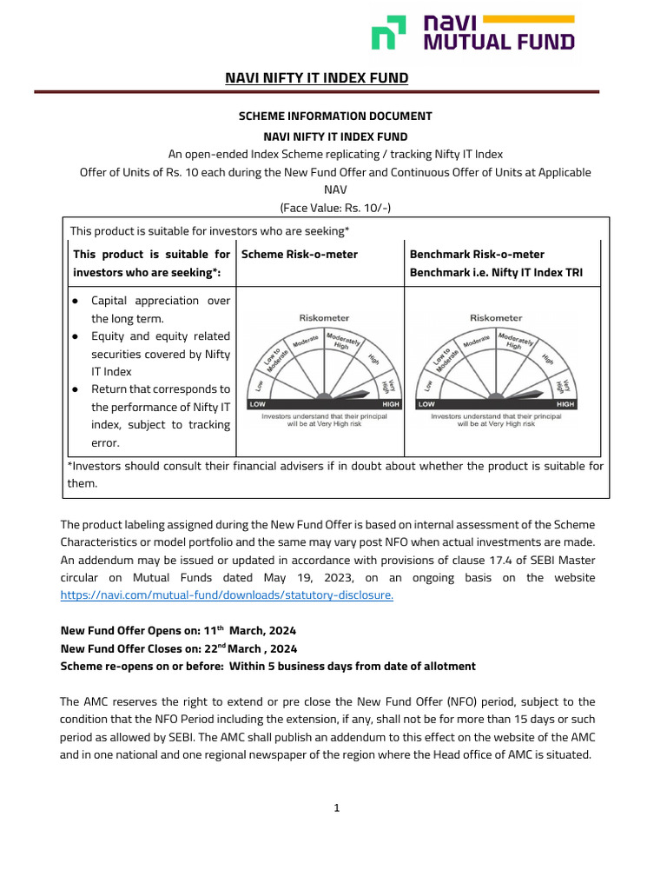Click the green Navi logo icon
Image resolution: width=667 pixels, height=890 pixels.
pyautogui.click(x=388, y=33)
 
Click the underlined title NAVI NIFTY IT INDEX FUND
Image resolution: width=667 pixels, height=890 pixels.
pyautogui.click(x=316, y=78)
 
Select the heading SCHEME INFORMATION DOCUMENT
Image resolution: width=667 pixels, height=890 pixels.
pyautogui.click(x=335, y=116)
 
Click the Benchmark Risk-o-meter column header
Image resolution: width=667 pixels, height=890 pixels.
pyautogui.click(x=477, y=254)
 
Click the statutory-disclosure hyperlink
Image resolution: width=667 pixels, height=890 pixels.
pyautogui.click(x=227, y=595)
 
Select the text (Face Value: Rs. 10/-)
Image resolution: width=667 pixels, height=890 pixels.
pyautogui.click(x=335, y=207)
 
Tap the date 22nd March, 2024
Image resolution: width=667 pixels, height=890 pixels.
pyautogui.click(x=252, y=648)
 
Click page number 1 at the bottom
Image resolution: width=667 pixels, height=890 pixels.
pyautogui.click(x=336, y=808)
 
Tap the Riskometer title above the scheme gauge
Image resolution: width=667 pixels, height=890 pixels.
pyautogui.click(x=325, y=318)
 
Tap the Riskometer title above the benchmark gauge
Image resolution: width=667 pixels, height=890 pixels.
pyautogui.click(x=496, y=318)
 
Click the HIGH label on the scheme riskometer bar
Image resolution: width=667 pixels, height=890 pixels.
pyautogui.click(x=391, y=404)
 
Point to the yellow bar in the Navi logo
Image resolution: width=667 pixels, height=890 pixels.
pyautogui.click(x=531, y=18)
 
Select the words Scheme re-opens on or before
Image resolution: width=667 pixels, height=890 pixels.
pyautogui.click(x=140, y=667)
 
